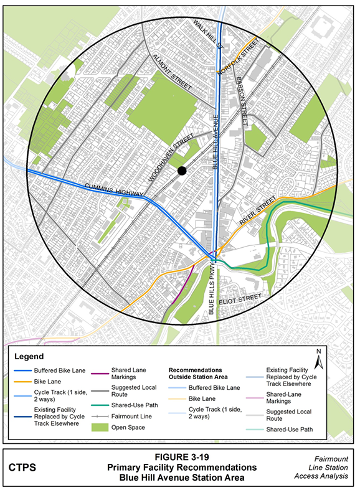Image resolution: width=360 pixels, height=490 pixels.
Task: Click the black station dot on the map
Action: [x=181, y=171]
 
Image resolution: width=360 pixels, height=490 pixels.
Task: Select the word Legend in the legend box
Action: [x=29, y=357]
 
